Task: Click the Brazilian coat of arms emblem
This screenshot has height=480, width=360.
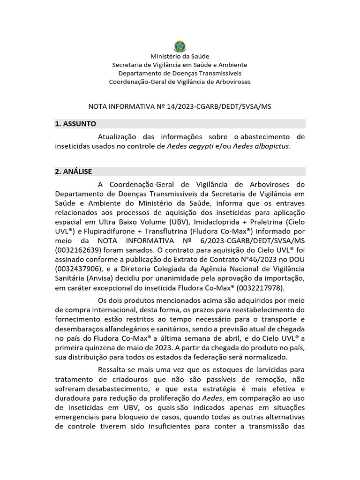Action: (x=180, y=46)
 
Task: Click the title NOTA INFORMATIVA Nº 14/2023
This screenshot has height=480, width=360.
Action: (x=180, y=106)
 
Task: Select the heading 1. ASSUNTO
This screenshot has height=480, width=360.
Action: (x=75, y=124)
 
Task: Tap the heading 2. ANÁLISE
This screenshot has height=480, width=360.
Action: (x=74, y=172)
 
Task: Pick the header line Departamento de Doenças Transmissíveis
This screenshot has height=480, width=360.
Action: (x=180, y=73)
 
